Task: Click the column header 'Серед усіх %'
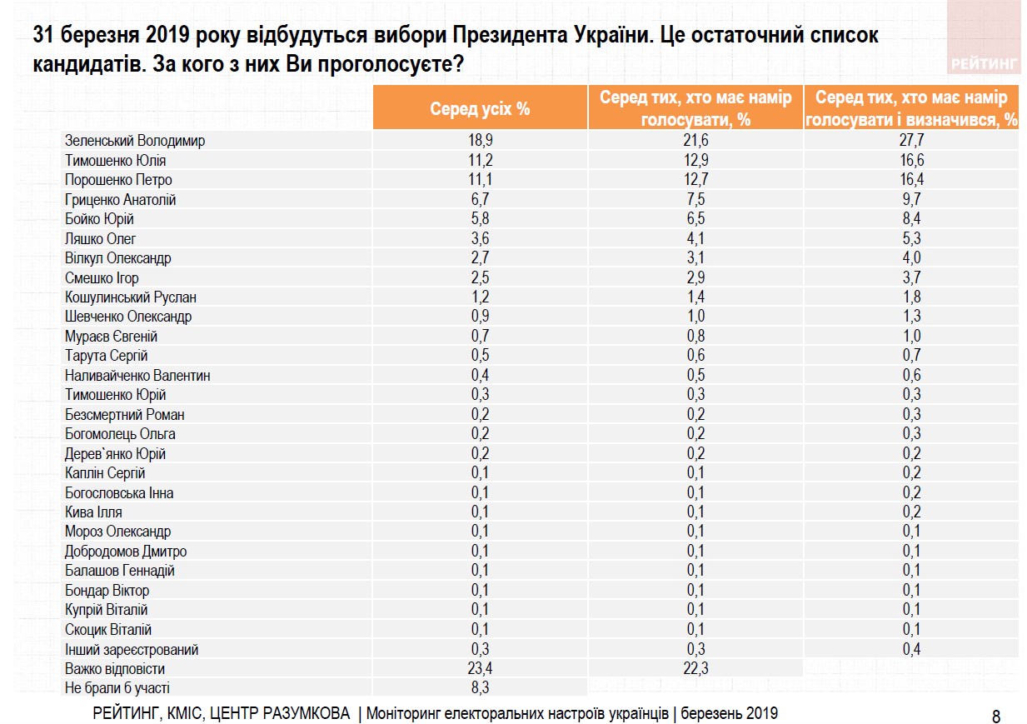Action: tap(480, 108)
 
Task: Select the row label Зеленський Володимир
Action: tap(135, 141)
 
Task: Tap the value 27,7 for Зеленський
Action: tap(912, 141)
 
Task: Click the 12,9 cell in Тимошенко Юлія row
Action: tap(695, 160)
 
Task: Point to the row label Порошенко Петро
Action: tap(118, 180)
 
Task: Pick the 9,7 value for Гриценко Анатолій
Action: tap(912, 199)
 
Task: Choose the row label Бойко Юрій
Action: tap(99, 219)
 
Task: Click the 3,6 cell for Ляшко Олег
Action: tap(480, 238)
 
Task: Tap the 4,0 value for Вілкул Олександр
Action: tap(912, 258)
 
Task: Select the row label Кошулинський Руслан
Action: tap(131, 297)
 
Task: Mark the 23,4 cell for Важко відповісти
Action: tap(480, 668)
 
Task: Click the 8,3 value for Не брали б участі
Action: tap(480, 688)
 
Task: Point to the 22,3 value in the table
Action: tap(695, 668)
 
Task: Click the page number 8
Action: tap(996, 716)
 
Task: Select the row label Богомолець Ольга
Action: tap(120, 434)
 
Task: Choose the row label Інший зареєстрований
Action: tap(132, 649)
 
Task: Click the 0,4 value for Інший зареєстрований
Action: tap(912, 649)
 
